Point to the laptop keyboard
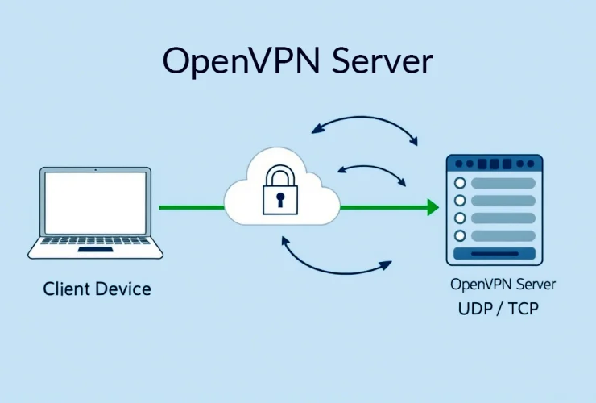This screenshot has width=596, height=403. [x=95, y=240]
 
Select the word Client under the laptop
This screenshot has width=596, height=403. [x=66, y=288]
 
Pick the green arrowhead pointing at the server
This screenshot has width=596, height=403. [x=433, y=208]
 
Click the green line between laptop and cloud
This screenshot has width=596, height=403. [x=192, y=208]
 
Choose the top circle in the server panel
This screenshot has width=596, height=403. [x=461, y=182]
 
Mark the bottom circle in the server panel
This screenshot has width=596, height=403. [x=461, y=235]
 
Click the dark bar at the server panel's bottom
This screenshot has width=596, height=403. [x=495, y=255]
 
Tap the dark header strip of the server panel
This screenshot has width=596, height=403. [x=495, y=163]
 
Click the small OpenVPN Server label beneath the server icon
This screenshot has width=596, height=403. [x=503, y=285]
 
